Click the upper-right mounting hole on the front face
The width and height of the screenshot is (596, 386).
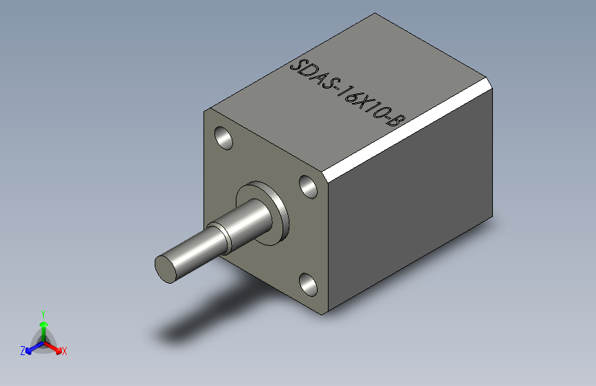(309, 186)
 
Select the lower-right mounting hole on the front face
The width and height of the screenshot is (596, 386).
(309, 283)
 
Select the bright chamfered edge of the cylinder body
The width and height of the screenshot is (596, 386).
(406, 130)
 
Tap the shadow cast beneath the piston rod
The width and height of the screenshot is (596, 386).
(206, 316)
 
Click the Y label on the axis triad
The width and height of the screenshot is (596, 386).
(43, 313)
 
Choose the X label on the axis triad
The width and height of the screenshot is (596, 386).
(65, 352)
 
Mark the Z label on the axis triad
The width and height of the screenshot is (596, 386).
(23, 351)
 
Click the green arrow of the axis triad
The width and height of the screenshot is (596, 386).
(43, 327)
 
